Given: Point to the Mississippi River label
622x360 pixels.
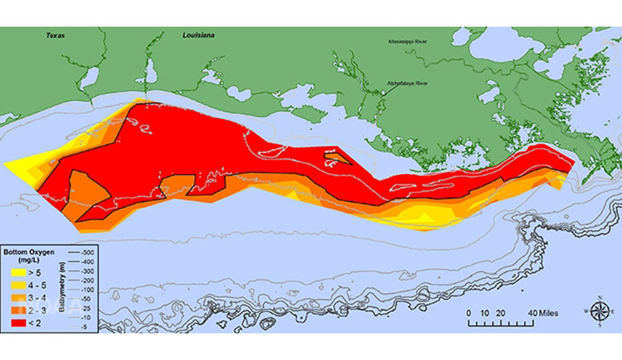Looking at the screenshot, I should coord(407,42).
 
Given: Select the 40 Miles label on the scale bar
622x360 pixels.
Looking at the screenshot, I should coord(542,313).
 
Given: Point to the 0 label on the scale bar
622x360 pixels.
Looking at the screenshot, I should coord(469,313).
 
